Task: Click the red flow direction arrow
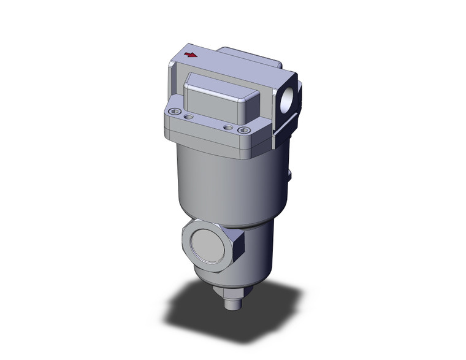tap(191, 55)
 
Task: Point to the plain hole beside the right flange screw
tap(229, 126)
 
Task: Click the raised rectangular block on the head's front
tap(217, 98)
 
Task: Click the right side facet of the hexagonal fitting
tap(240, 248)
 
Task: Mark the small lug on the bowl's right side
tap(291, 178)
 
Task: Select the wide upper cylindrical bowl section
tap(227, 184)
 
